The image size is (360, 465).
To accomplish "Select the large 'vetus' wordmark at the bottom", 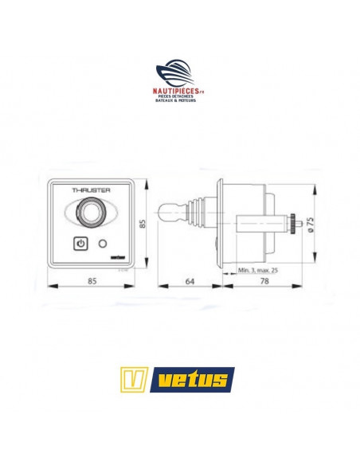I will coord(194,378).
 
